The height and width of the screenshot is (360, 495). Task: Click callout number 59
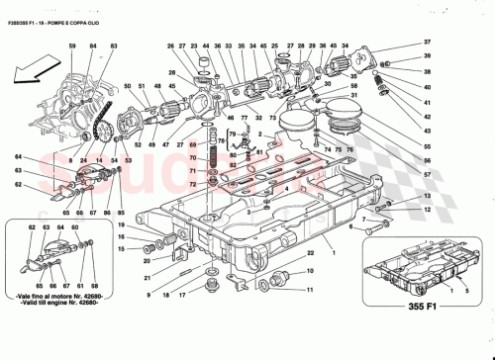(71, 46)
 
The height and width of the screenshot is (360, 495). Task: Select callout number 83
(114, 46)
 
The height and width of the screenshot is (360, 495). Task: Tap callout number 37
(428, 43)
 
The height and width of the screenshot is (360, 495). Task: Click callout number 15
(121, 248)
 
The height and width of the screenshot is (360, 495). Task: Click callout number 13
(428, 210)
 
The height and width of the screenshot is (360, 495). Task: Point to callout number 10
(309, 275)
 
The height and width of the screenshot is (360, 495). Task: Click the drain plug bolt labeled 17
(209, 288)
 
